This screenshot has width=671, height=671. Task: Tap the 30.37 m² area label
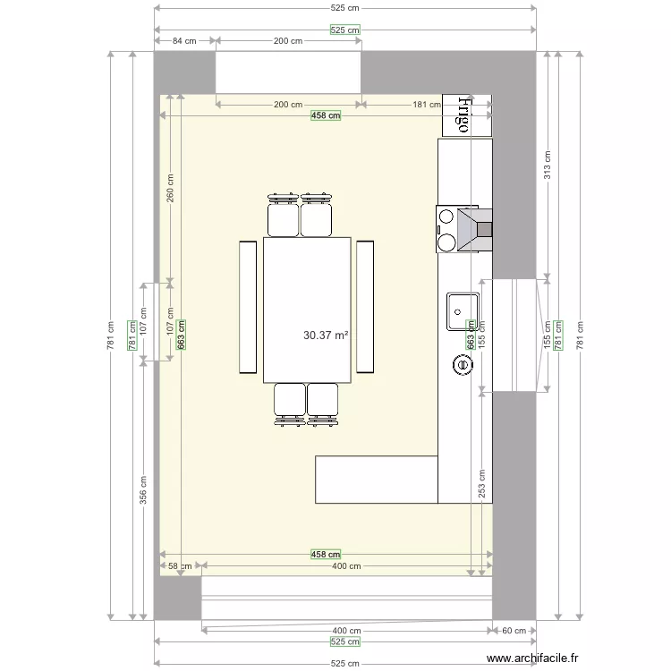326,335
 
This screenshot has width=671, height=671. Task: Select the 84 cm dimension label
185,41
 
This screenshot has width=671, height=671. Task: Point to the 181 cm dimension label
426,105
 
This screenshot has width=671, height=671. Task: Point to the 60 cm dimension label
514,631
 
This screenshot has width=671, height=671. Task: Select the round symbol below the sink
463,364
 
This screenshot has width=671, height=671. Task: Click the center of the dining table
307,310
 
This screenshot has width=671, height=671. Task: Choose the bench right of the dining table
365,306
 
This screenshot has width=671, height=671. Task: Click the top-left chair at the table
283,216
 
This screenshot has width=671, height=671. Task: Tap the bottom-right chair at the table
323,403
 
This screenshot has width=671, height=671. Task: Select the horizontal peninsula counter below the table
376,480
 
